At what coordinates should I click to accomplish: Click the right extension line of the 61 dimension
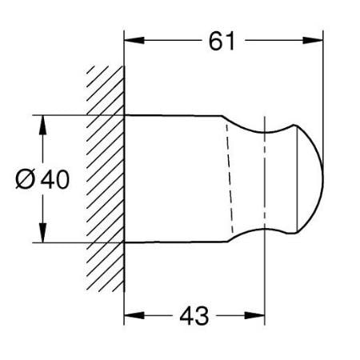coord(322,80)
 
